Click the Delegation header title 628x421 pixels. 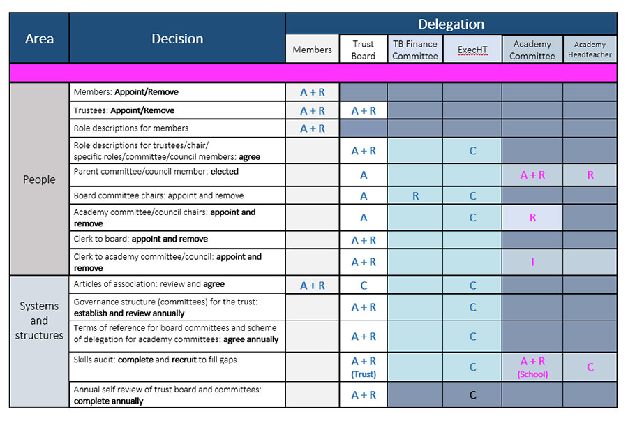pyautogui.click(x=451, y=24)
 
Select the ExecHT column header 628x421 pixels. pyautogui.click(x=472, y=50)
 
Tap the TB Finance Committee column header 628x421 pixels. pyautogui.click(x=415, y=50)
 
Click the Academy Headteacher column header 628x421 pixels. pyautogui.click(x=590, y=50)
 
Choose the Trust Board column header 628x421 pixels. pyautogui.click(x=364, y=50)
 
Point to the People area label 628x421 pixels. pyautogui.click(x=39, y=179)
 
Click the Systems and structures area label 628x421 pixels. pyautogui.click(x=39, y=320)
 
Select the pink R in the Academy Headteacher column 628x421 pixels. pyautogui.click(x=590, y=175)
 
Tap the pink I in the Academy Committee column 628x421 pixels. pyautogui.click(x=532, y=262)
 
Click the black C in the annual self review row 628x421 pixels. pyautogui.click(x=472, y=395)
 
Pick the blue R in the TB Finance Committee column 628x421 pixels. pyautogui.click(x=415, y=196)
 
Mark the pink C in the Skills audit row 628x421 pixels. pyautogui.click(x=590, y=367)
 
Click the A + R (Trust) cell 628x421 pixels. pyautogui.click(x=364, y=367)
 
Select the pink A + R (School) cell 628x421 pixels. pyautogui.click(x=532, y=367)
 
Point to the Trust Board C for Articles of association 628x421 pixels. pyautogui.click(x=364, y=286)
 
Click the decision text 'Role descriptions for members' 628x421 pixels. pyautogui.click(x=131, y=128)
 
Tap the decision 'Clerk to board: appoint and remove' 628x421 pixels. pyautogui.click(x=140, y=239)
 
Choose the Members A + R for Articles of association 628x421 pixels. pyautogui.click(x=313, y=286)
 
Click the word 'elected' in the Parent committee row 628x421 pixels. pyautogui.click(x=224, y=172)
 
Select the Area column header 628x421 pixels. pyautogui.click(x=39, y=38)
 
